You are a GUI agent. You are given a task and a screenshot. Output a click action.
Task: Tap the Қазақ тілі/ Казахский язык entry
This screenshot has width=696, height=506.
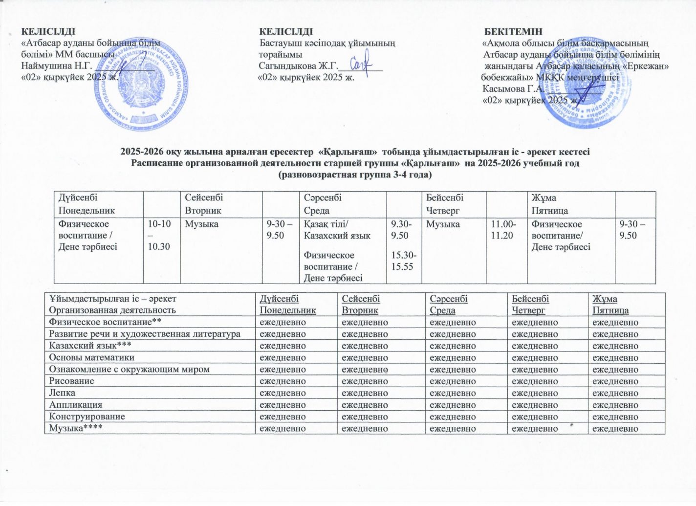point(337,230)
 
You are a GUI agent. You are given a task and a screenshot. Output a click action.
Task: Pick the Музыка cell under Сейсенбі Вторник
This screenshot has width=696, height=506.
point(201,224)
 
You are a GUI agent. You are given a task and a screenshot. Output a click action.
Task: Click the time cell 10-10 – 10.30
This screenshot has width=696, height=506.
point(159,235)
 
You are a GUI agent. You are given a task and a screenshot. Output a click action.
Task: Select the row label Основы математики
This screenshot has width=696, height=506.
point(85,357)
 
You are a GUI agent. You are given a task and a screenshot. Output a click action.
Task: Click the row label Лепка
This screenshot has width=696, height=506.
point(62,393)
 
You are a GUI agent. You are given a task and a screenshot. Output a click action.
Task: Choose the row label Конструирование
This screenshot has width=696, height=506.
point(87,417)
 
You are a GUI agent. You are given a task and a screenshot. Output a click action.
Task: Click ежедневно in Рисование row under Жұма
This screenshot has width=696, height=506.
point(615,381)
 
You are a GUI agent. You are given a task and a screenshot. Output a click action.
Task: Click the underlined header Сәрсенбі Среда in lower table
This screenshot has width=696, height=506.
point(448,304)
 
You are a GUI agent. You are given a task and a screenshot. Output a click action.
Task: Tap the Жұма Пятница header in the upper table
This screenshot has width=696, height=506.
point(550,204)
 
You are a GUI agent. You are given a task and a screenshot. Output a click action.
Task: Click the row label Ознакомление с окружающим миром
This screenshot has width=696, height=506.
point(129,369)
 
